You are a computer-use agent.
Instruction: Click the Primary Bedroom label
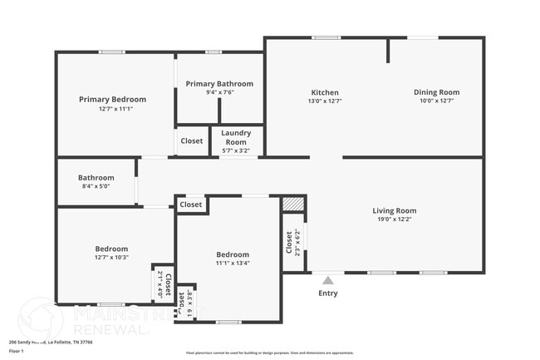[112, 99]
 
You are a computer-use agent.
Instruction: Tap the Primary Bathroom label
[219, 84]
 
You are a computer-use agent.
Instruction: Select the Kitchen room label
[324, 92]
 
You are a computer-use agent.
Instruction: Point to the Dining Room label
[436, 92]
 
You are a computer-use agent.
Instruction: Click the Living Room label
[394, 210]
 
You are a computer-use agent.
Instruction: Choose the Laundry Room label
[237, 137]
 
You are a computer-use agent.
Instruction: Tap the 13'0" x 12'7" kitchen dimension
[324, 101]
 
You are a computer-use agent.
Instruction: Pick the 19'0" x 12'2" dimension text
[394, 220]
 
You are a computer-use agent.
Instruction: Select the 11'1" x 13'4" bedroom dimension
[233, 264]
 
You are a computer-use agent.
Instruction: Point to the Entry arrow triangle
[328, 280]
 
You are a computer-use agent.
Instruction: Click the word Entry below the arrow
[328, 293]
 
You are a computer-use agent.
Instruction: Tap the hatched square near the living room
[292, 204]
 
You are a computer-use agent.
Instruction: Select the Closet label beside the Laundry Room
[191, 141]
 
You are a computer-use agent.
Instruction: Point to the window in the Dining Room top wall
[423, 37]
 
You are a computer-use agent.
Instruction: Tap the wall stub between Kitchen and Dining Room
[387, 50]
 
